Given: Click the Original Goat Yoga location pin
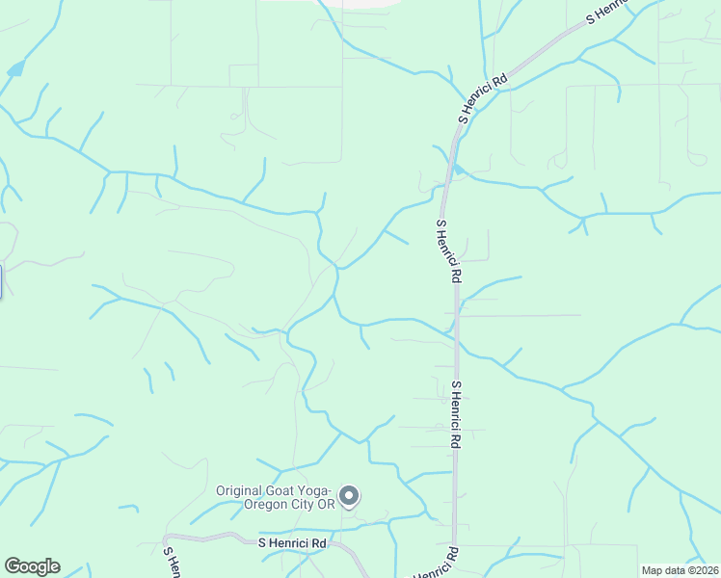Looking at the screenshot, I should [350, 496].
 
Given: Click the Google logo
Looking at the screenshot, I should [32, 566].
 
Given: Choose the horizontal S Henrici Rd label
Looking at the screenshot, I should [293, 543].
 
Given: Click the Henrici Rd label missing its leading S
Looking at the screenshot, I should [438, 563].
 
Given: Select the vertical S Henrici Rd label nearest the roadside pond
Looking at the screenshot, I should [448, 250].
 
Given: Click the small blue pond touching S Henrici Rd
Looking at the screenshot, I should [459, 171].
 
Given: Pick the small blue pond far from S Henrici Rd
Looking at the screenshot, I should [14, 69].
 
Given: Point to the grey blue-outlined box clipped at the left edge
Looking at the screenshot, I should [1, 281].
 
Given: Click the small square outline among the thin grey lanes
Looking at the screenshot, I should [243, 75].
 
